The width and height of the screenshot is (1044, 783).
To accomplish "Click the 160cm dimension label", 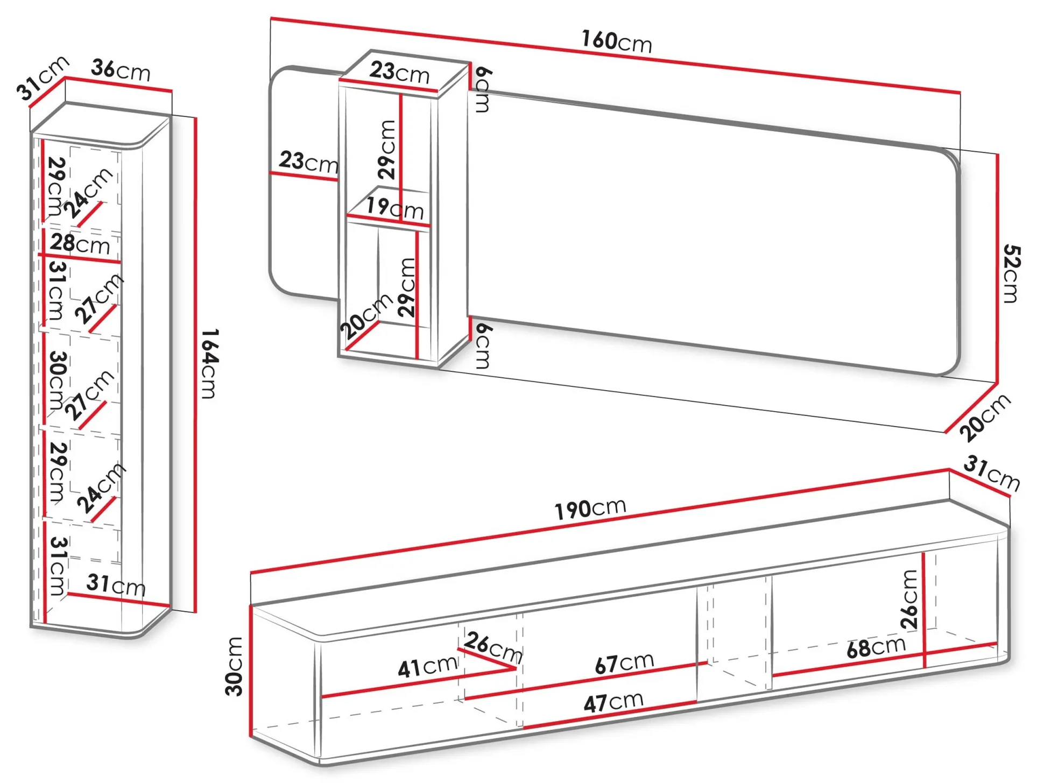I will pyautogui.click(x=616, y=41).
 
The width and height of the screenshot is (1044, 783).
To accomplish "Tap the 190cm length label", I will pyautogui.click(x=590, y=508).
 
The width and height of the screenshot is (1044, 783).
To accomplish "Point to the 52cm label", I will pyautogui.click(x=1011, y=274).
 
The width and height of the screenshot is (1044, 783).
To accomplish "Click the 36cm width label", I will pyautogui.click(x=121, y=70).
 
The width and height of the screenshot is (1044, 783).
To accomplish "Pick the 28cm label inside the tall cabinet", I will pyautogui.click(x=80, y=244).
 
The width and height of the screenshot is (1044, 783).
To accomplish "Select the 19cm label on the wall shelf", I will pyautogui.click(x=395, y=207).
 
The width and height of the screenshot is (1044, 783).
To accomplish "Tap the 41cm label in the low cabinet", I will pyautogui.click(x=427, y=667).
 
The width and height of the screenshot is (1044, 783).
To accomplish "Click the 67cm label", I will pyautogui.click(x=624, y=663).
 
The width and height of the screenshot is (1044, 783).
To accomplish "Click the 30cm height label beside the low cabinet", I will pyautogui.click(x=235, y=666).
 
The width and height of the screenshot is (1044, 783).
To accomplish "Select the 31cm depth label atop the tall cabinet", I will pyautogui.click(x=43, y=77).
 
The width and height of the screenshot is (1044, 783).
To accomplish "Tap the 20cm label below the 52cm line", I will pyautogui.click(x=985, y=417).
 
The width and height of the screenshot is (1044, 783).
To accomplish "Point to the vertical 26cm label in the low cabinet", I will pyautogui.click(x=909, y=599).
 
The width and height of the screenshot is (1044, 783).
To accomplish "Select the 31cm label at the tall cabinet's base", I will pyautogui.click(x=116, y=584).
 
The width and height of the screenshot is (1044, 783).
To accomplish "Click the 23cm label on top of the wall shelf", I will pyautogui.click(x=399, y=72).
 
